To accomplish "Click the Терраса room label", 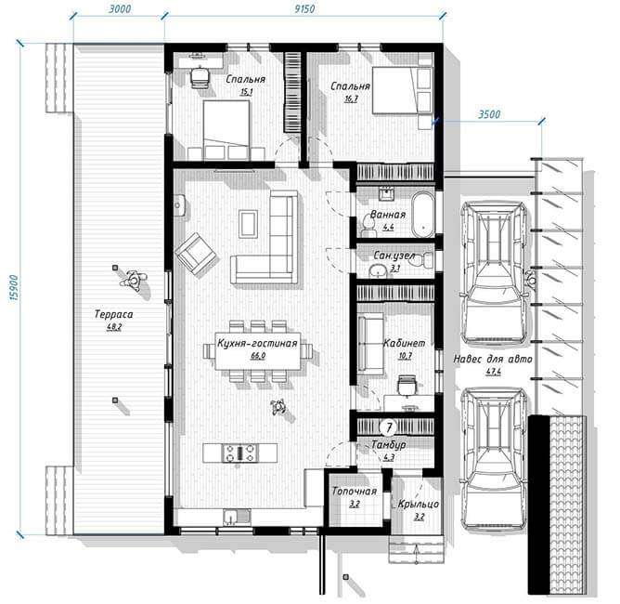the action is coord(114,314).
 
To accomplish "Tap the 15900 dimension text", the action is coord(13,287).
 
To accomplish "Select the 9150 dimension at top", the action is coord(304,8).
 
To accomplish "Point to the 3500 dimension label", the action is coord(489,114).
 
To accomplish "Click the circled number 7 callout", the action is coord(389,427).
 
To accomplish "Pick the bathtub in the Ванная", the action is coord(422,214).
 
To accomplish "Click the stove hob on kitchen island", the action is coord(239,453).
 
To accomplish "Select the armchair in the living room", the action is coord(196,254).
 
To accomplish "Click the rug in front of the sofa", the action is coord(249,224).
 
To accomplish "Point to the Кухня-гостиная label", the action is coord(257,343).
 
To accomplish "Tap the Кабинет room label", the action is coord(404,343).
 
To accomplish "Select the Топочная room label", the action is coord(354,492).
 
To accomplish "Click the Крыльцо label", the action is coord(419,505).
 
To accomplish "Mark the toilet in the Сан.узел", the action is coord(426,260).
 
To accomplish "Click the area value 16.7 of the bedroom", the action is coord(351,98).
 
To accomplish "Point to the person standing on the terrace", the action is coord(134,281).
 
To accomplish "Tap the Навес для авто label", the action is coord(493,359).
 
